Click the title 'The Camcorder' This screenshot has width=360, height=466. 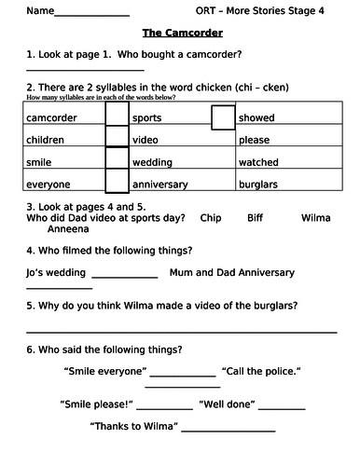click(176, 32)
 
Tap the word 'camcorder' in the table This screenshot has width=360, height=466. click(52, 118)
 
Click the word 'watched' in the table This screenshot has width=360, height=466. click(259, 162)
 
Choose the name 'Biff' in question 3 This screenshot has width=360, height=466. click(256, 217)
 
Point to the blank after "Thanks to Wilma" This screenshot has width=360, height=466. click(228, 431)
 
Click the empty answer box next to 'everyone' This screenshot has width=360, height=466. click(117, 185)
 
